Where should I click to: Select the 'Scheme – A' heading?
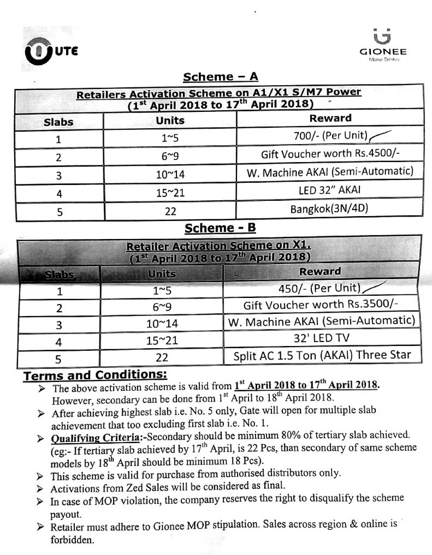220,77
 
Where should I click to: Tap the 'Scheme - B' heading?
220,228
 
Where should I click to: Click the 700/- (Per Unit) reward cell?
330,136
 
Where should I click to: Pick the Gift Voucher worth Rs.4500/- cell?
330,154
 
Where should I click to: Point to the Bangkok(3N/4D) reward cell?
330,210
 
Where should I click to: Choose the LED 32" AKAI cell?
330,191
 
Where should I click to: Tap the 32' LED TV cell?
322,338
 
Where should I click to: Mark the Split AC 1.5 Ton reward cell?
322,356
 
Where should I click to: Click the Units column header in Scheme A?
170,121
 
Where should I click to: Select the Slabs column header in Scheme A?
58,122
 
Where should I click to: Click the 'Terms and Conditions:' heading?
94,376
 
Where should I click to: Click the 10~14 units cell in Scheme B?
162,324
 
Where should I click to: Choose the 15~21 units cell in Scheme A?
170,193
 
